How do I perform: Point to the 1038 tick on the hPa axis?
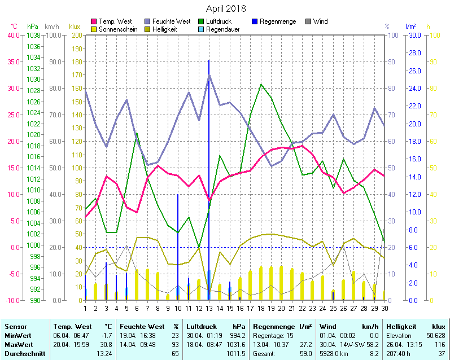(33, 35)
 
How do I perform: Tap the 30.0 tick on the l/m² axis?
(414, 35)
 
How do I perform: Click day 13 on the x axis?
(209, 308)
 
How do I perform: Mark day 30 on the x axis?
(385, 308)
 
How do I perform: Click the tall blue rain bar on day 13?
(209, 169)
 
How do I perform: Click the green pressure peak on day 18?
(261, 85)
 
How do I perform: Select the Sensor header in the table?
(15, 327)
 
